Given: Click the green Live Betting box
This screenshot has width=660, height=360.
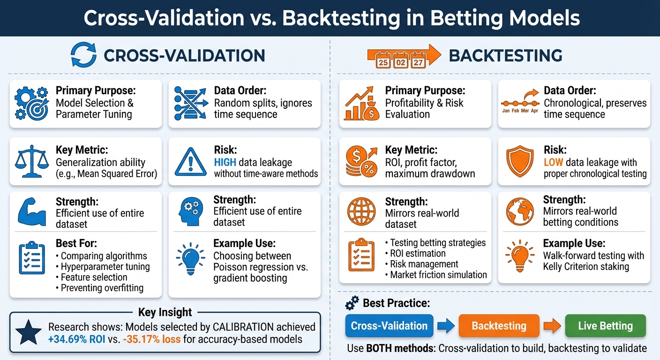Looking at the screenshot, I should (x=605, y=326).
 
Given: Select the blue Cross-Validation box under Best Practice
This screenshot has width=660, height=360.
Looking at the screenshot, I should (x=389, y=326).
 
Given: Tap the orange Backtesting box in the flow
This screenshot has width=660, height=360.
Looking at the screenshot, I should (x=499, y=326).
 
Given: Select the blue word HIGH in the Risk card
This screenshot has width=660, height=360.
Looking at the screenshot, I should (x=225, y=162).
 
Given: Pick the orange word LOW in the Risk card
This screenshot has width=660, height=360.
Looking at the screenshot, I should (x=553, y=162).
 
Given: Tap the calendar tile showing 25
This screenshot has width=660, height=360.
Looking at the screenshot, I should (x=383, y=61).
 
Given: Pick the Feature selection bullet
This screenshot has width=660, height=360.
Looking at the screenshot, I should (x=94, y=277).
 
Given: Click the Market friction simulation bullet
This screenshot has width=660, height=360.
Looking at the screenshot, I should (x=438, y=275).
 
